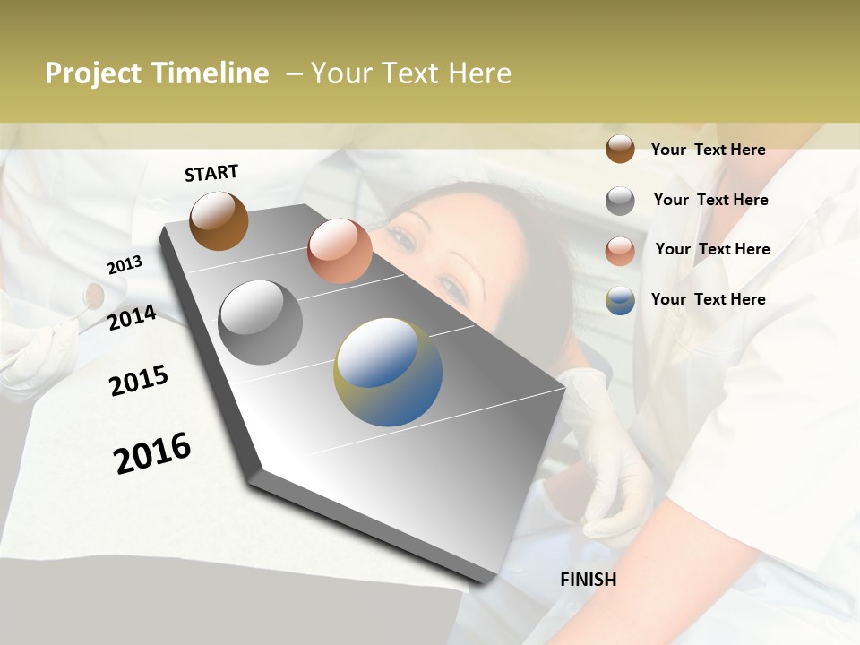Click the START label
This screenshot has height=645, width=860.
coord(211,173)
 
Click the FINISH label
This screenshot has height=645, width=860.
coord(589,580)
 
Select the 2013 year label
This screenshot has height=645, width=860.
coord(125,265)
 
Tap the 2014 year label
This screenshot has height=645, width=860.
coord(132,318)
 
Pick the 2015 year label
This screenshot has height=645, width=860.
coord(139,381)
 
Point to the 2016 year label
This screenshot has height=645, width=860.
coord(152,452)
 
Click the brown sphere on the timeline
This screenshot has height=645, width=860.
coord(219,220)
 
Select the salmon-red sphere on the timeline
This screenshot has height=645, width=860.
coord(340,251)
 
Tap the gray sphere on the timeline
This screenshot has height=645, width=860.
coord(260,322)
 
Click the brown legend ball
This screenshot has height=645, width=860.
coord(620,149)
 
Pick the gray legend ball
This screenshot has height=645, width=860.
coord(620,201)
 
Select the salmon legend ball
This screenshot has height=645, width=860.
coord(620,251)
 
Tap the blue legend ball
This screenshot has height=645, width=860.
coord(620,300)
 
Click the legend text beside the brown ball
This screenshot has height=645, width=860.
coord(708,150)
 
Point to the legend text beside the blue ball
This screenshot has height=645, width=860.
coord(708,299)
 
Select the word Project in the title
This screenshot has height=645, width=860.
coord(94,73)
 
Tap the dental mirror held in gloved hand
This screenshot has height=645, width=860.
coord(93,295)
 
